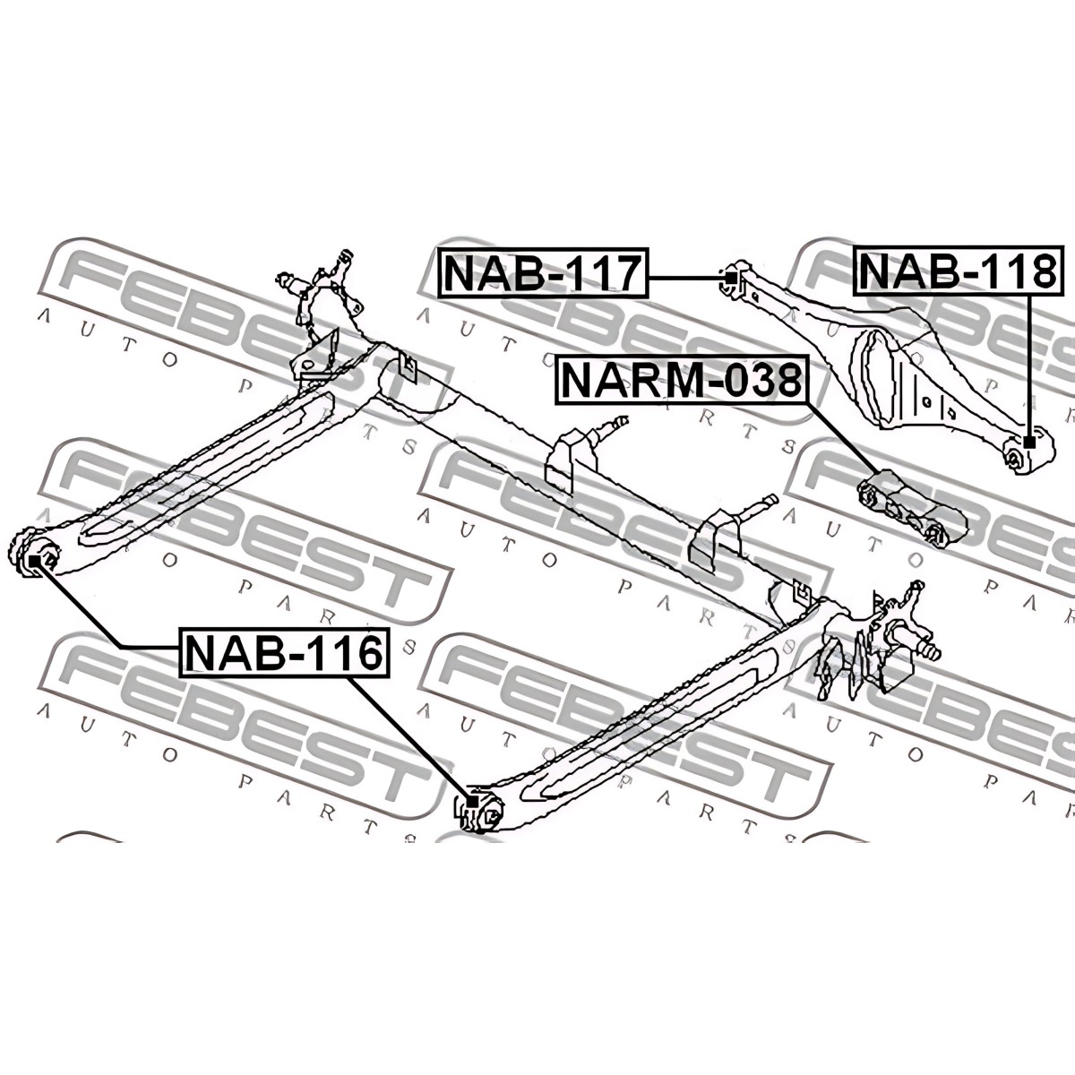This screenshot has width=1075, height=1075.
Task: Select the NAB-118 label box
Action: click(x=957, y=271)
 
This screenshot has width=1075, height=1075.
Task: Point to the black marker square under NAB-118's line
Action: click(x=1029, y=443)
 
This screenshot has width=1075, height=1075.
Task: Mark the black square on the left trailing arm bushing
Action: click(x=35, y=560)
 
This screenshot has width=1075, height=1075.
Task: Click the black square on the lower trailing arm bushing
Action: click(x=471, y=802)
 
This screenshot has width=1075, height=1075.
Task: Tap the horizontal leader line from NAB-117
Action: click(x=687, y=277)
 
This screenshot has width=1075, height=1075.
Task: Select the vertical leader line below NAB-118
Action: click(x=1029, y=366)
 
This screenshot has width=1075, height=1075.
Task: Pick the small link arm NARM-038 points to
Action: click(x=903, y=508)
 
